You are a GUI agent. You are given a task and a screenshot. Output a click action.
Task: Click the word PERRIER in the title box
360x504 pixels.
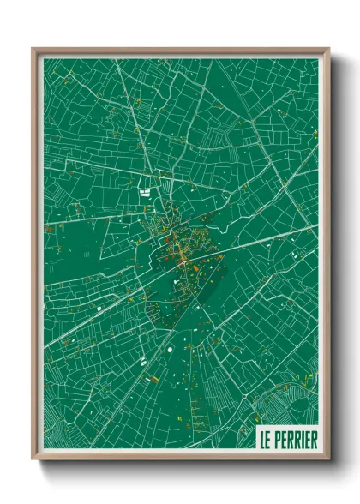click(295, 440)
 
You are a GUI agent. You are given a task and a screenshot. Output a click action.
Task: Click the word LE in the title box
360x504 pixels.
click(267, 440)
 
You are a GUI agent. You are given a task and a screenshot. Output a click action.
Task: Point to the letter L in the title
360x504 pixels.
click(264, 440)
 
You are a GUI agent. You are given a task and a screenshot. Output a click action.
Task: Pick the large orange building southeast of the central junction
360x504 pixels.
click(198, 267)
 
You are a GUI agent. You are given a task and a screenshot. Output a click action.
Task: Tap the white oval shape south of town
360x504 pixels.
click(169, 348)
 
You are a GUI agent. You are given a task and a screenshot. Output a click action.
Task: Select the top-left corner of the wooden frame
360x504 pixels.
click(33, 49)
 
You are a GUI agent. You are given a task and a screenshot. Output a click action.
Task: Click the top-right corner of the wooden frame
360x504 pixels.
click(328, 49)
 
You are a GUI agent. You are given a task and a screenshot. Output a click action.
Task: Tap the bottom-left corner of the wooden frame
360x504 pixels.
click(33, 460)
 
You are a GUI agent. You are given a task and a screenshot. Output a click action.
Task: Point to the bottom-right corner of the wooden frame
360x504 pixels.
click(328, 460)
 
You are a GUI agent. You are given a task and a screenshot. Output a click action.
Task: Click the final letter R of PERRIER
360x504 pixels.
click(313, 440)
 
